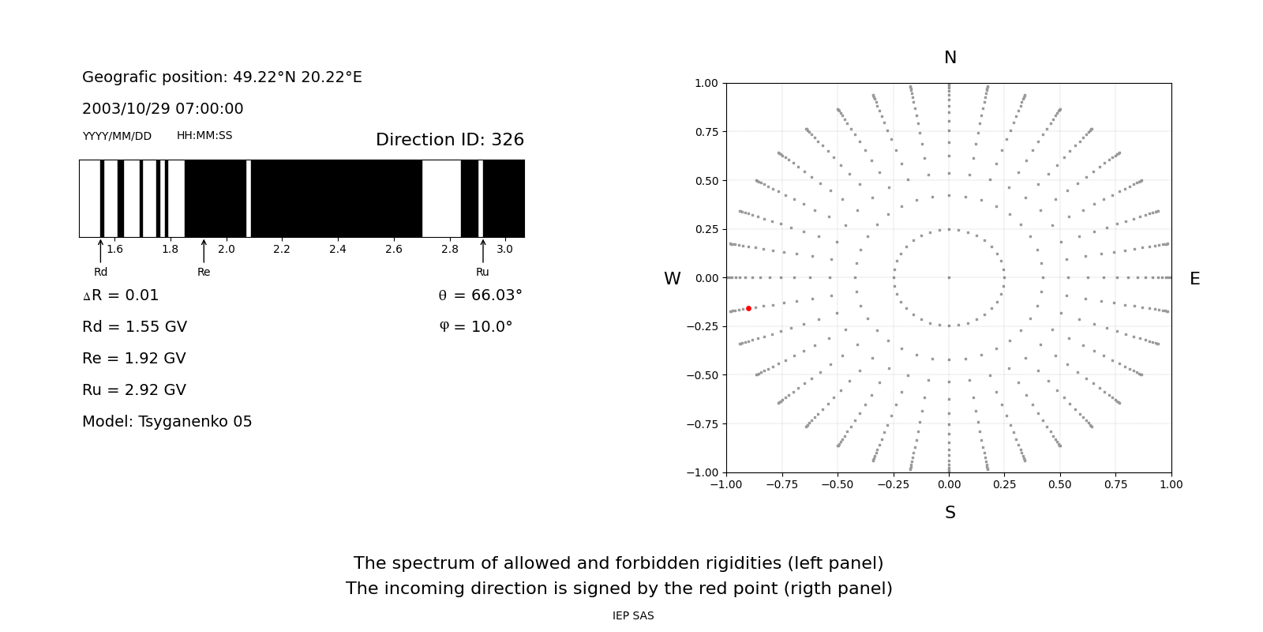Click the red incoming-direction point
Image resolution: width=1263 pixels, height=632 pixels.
point(748,308)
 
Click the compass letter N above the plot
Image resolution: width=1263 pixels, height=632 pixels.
point(950,58)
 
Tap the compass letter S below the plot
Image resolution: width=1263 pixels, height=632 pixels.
point(950,513)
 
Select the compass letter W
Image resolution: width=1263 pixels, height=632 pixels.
point(672,279)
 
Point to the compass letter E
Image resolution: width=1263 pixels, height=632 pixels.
point(1194,279)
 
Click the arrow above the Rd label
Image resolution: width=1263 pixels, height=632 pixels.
point(100,250)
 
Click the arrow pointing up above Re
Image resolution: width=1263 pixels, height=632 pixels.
point(204,250)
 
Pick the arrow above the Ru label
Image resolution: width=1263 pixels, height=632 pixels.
point(483,250)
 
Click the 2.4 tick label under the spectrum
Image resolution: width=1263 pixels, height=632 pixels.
point(337,250)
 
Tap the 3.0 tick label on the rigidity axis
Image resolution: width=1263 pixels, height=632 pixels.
point(504,250)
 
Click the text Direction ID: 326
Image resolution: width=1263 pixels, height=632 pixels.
point(449,140)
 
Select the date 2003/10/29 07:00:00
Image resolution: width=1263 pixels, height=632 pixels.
point(163,109)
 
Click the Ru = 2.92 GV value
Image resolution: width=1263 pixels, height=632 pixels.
point(134,390)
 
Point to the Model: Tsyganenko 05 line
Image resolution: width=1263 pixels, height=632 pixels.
point(167,422)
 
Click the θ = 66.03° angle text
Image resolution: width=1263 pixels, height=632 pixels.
point(480,295)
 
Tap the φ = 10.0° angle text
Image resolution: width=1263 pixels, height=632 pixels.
point(475,327)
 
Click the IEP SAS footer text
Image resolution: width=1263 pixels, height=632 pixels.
point(633,616)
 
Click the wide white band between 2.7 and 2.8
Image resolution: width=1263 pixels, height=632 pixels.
point(441,198)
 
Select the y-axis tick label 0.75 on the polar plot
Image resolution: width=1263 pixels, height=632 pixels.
point(706,132)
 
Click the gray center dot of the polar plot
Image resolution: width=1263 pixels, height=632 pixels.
point(949,277)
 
